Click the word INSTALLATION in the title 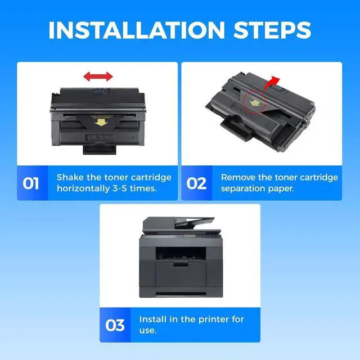[137, 30]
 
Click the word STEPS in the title [272, 30]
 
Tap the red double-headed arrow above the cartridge [98, 76]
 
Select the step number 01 [31, 183]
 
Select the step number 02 [196, 183]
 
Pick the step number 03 [115, 325]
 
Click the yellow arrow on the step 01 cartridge [101, 122]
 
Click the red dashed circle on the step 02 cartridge [254, 102]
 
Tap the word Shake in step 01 [70, 177]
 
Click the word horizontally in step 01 [83, 188]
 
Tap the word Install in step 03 [152, 319]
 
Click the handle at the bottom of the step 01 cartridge [100, 148]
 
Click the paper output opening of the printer [181, 254]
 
